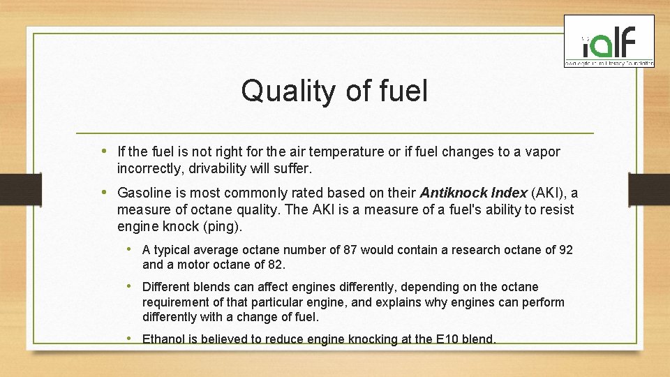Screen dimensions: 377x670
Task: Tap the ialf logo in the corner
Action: tap(609, 42)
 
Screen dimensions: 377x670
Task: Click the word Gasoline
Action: tap(144, 193)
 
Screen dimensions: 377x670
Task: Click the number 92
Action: tap(566, 250)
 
